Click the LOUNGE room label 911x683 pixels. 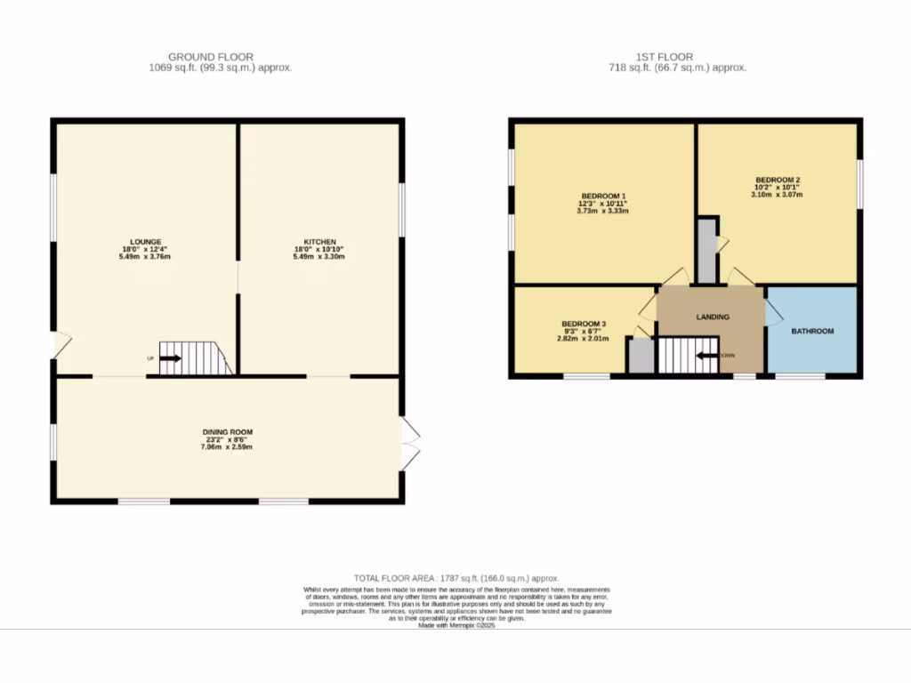click(145, 241)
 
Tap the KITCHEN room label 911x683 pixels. click(319, 241)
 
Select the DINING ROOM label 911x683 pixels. click(227, 432)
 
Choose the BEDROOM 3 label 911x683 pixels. click(584, 323)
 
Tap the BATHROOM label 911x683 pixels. click(813, 332)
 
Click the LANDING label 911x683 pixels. click(713, 317)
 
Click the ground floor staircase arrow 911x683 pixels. click(170, 359)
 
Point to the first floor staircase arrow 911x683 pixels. click(707, 357)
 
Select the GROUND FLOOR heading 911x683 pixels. click(211, 57)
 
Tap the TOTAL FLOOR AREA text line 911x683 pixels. click(456, 578)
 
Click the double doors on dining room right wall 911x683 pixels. click(409, 444)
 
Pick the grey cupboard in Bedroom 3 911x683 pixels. click(640, 356)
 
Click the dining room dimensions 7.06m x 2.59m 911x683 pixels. click(227, 447)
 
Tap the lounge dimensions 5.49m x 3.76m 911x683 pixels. click(145, 257)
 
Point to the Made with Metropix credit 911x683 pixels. click(456, 625)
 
